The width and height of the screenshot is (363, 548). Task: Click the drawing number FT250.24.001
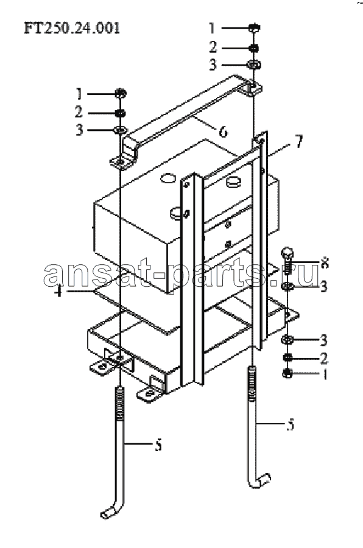(72, 28)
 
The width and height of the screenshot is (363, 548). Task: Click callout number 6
(223, 132)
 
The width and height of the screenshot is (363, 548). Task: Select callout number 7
(298, 141)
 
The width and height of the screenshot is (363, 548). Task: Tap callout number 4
(58, 291)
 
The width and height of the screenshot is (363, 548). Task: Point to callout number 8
(324, 263)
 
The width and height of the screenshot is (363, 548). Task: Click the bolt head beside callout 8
(287, 252)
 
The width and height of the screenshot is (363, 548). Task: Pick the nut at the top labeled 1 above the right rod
(254, 27)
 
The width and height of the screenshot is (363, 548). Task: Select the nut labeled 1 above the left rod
(121, 93)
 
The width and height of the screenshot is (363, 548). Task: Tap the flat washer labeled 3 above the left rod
(120, 130)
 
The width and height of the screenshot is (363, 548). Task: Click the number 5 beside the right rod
(291, 424)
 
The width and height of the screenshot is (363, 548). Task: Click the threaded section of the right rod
(253, 384)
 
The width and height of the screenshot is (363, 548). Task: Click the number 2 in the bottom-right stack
(324, 358)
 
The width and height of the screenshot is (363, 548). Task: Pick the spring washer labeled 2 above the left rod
(121, 113)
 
